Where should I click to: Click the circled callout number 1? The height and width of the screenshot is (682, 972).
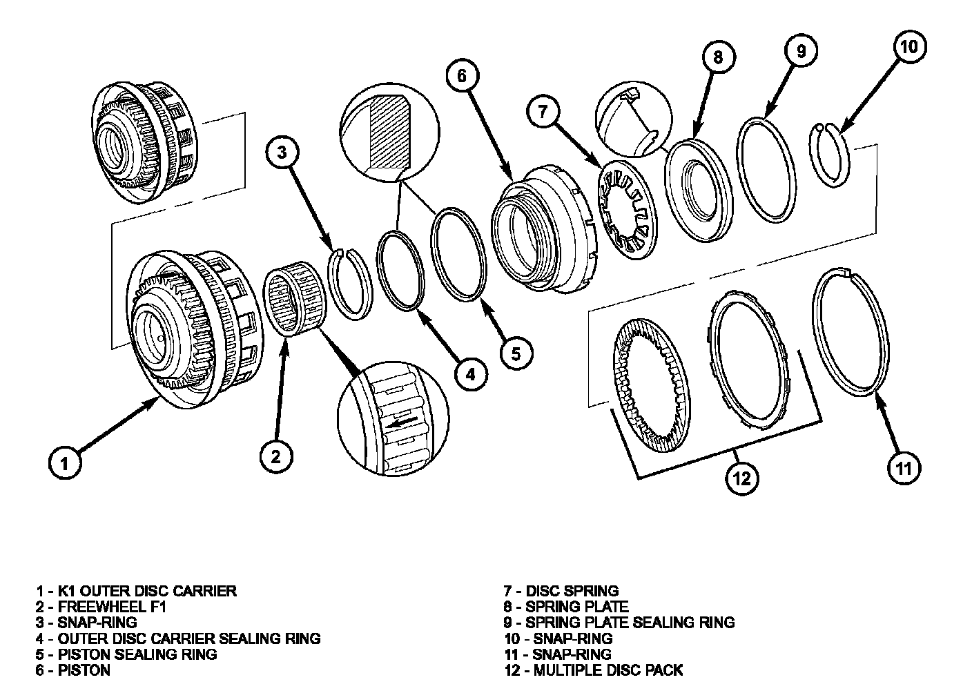coord(65,463)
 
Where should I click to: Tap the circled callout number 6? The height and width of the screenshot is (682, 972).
coord(462,75)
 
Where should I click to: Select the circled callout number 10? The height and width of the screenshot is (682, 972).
coord(910,46)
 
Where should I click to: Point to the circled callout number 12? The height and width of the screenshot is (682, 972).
coord(741,478)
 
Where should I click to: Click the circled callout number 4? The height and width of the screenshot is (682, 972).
coord(472,374)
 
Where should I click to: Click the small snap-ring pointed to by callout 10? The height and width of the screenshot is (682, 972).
coord(830,155)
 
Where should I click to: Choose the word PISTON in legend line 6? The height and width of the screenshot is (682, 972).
coord(84,670)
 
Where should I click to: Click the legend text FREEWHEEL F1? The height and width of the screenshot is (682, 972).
coord(112,607)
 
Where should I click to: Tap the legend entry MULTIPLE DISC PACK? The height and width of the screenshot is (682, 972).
coord(608,670)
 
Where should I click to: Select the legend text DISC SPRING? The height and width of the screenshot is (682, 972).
coord(572,590)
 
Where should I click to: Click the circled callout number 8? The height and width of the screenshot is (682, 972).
coord(718,57)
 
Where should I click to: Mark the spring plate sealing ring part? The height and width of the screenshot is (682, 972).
coord(766,170)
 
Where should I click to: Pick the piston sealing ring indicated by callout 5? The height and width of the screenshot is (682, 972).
coord(458,254)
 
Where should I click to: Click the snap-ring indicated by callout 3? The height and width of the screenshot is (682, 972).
coord(349,284)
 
